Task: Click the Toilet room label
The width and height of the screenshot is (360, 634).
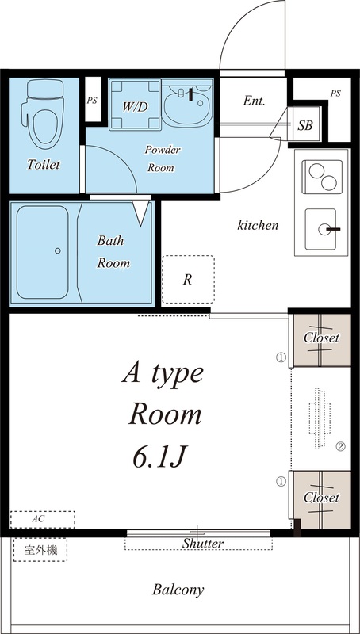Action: click(44, 164)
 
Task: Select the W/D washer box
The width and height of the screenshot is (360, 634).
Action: click(135, 105)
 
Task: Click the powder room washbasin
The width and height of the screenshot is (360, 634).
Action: click(187, 103)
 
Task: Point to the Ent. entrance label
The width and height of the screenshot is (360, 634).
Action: click(254, 101)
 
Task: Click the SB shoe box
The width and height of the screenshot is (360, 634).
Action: click(305, 125)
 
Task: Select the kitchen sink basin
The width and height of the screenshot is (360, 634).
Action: click(321, 229)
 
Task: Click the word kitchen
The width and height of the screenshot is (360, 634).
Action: click(258, 225)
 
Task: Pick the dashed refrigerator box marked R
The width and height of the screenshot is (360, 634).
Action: click(188, 280)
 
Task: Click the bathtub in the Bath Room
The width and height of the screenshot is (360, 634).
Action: click(43, 252)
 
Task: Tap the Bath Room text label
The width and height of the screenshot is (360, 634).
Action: click(113, 252)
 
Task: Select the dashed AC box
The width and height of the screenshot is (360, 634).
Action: click(43, 520)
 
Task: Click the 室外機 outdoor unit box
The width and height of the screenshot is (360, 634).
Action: click(40, 550)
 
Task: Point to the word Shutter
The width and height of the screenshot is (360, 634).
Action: click(202, 544)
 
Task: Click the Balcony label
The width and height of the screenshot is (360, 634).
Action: click(178, 590)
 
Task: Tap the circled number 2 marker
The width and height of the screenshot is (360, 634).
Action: click(341, 447)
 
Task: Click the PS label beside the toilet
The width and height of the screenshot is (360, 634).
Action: click(92, 101)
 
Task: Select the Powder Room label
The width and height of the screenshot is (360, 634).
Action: click(162, 158)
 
